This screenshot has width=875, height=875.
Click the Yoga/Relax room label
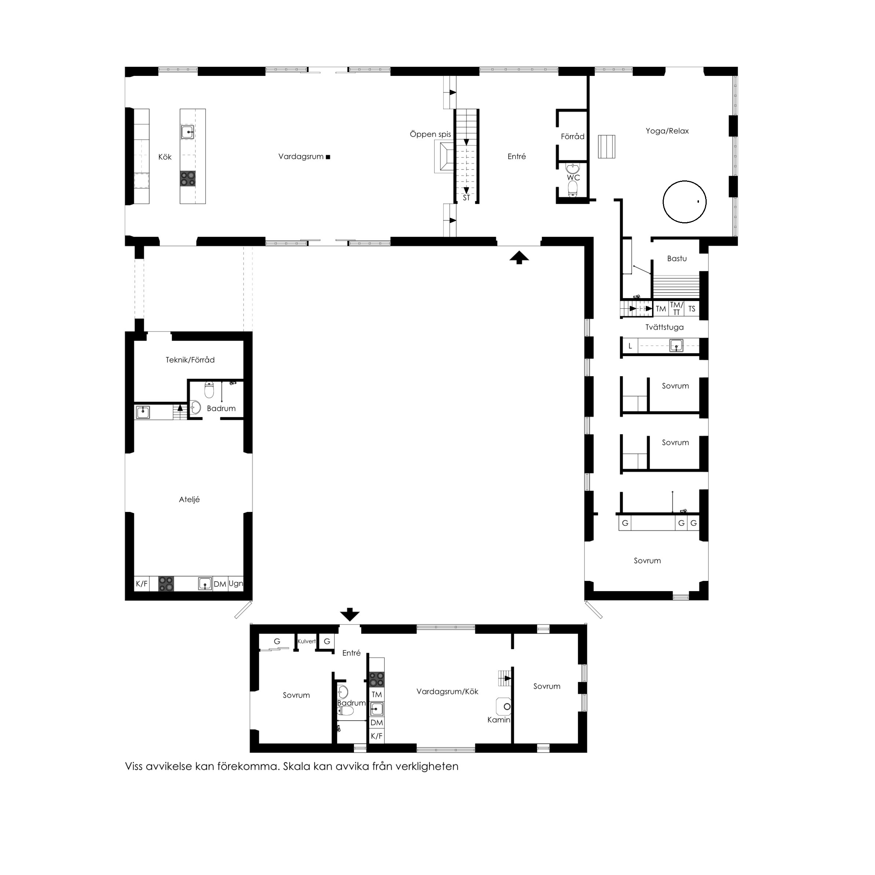point(667,131)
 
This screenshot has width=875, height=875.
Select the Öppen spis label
point(430,135)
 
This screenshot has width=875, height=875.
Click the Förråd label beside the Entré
point(572,136)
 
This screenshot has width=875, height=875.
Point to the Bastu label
point(677,259)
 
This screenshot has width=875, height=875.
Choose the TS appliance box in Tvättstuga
point(692,309)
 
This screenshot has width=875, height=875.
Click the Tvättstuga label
point(665,327)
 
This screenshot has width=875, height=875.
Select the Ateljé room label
point(189,499)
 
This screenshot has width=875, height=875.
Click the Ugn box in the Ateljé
point(235,584)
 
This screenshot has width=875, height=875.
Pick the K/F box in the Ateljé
point(142,584)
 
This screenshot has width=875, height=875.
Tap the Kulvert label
point(307,641)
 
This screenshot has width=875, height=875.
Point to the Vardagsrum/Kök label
point(447,692)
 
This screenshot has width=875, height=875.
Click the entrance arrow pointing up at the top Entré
point(519,258)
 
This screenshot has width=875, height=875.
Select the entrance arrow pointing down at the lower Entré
point(349,615)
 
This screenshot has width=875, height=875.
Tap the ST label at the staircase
point(466,198)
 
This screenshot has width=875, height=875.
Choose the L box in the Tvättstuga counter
point(630,346)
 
